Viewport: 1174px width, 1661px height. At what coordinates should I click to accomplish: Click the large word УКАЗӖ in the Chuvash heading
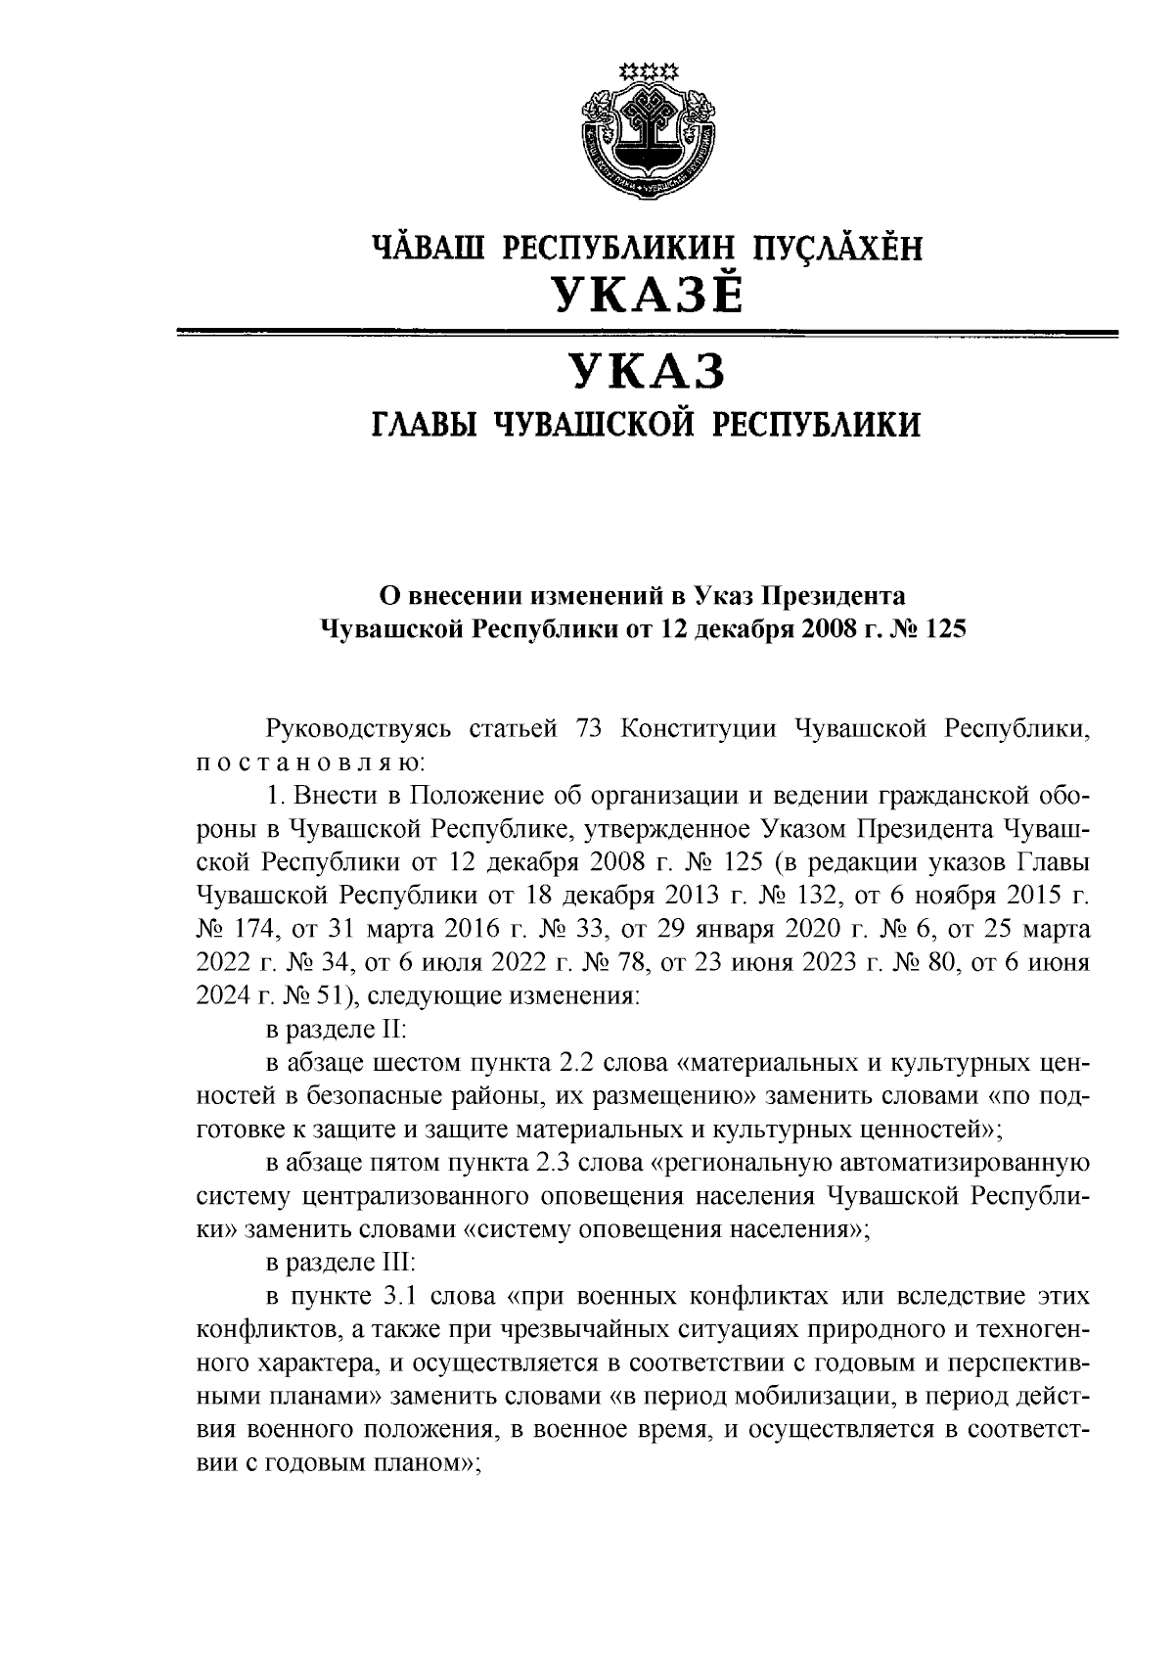647,293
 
